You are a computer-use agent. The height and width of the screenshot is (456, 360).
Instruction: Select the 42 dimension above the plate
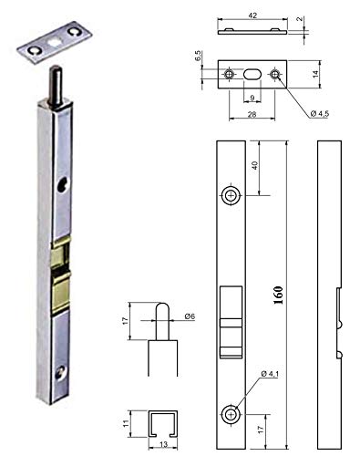251,14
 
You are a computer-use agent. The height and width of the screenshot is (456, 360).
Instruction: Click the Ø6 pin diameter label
189,316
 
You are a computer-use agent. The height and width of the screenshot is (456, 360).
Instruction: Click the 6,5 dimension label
198,59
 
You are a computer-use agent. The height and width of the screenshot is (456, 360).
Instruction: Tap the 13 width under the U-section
162,444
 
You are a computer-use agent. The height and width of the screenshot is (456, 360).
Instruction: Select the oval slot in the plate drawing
251,74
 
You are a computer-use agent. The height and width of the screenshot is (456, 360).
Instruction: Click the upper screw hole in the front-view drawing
231,195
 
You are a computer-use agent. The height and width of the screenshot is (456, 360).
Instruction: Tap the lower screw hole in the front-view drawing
231,413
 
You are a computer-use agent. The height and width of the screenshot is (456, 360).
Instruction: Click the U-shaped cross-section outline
162,420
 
